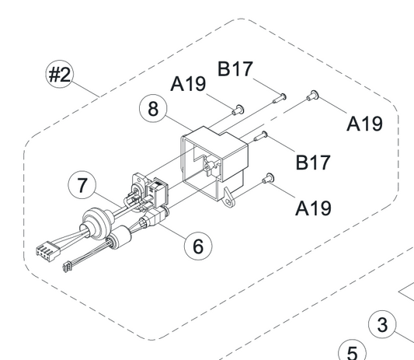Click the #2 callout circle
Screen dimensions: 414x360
[59, 75]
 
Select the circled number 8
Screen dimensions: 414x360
[153, 108]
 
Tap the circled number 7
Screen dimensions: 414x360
[82, 185]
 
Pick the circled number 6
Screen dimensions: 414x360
[198, 246]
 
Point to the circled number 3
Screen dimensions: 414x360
[382, 324]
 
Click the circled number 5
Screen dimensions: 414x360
[352, 351]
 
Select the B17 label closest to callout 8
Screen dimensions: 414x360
[235, 69]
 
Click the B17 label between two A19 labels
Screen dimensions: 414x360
[313, 162]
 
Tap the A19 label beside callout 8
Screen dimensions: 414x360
[188, 84]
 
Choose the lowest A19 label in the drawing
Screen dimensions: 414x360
[313, 208]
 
